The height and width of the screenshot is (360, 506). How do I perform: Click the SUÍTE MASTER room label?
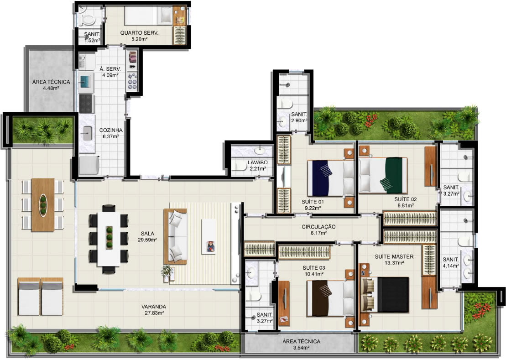coord(394,257)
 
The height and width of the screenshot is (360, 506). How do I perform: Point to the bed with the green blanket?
coord(383,175)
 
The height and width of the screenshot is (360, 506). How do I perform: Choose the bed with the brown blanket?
coord(331,298)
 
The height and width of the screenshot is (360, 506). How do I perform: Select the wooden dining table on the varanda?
coord(43,205)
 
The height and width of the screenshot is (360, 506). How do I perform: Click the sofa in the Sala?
coord(175,236)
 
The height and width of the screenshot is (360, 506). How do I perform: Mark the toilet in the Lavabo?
coord(240,166)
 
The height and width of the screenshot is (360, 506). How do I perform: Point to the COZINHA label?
coord(111,130)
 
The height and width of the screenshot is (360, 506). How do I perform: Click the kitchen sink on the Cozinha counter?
coord(88,133)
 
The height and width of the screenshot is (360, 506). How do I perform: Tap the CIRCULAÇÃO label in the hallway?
coord(318,227)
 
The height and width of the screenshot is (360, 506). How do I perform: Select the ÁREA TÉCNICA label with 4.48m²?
coord(51,82)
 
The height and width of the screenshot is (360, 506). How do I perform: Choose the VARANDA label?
coord(154,307)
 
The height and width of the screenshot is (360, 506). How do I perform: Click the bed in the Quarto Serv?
coord(149,16)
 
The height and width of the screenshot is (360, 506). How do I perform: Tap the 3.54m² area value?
coord(301,348)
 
